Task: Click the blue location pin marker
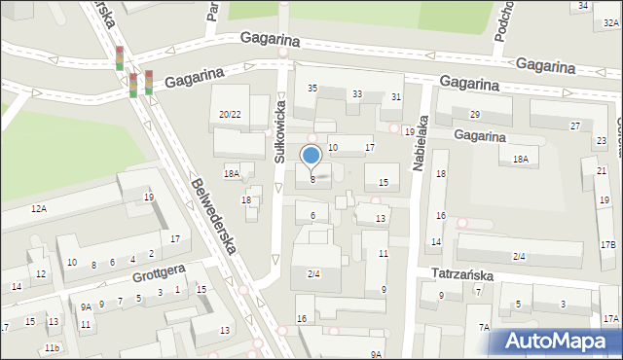pos(311,157)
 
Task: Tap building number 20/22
pos(230,115)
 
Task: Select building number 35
pos(312,89)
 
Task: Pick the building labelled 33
pos(357,94)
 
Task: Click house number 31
pos(396,97)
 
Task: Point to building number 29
pos(475,115)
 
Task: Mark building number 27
pos(575,126)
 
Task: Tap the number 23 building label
pos(601,141)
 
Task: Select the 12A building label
pos(38,209)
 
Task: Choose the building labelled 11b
pos(52,348)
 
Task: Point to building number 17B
pos(607,244)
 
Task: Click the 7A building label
pos(484,328)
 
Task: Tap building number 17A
pos(609,319)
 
